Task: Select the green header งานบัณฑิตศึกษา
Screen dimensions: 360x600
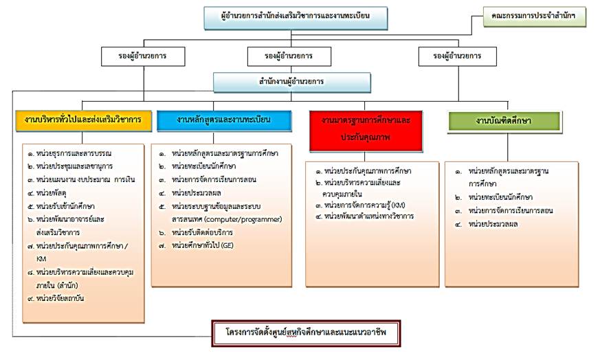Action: tap(507, 121)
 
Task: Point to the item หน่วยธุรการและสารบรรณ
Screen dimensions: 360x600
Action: tap(76, 153)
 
